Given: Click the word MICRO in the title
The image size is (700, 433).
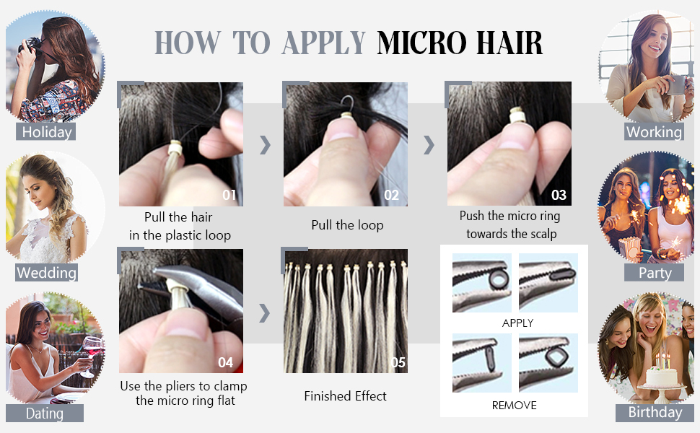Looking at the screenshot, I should coord(419,43).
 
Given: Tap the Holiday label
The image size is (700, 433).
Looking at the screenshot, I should coord(46,132).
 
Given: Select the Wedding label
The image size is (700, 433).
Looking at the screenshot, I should coord(46,273).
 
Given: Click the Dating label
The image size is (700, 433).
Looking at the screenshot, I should coord(45,414).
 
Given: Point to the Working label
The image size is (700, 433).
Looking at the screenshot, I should coord(654,132).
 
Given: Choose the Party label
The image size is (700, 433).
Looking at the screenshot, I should coord(655,273).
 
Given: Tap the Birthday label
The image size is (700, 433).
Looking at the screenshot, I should coord(655,413).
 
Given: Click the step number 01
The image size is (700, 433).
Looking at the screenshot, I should coord(229,195).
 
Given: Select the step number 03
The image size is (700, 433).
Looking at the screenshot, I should coord(559,195).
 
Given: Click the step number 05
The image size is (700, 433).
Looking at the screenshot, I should coord(398,362).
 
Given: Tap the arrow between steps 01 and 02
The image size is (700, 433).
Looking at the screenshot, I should coord(265,144).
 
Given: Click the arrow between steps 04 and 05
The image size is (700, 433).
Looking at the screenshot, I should coord(265,312).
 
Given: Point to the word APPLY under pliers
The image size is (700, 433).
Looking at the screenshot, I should coord(517,323).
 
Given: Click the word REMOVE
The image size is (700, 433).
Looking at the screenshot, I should coord(514,406).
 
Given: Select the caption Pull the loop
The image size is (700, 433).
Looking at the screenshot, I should coord(347,225).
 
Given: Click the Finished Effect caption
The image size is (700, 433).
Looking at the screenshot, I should coord(345,396).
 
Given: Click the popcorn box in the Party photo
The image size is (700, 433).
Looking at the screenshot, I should coord(629,248).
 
